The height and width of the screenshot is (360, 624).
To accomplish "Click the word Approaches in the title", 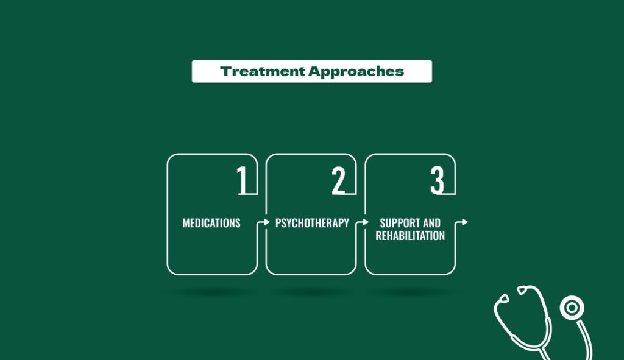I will tap(356, 72).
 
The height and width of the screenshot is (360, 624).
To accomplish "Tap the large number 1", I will tap(243, 181).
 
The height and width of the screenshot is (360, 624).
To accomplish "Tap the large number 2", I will tap(339, 181).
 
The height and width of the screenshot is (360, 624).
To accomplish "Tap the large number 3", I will tap(437, 181).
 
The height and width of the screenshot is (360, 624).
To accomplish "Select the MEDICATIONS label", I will tap(211, 223).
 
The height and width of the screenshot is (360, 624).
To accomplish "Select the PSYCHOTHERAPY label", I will tap(312, 223).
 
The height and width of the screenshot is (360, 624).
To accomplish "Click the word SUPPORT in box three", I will tap(399, 223).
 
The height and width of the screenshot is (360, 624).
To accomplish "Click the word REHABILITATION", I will tap(410, 236).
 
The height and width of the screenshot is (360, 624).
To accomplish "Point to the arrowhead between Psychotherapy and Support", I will tap(366, 222).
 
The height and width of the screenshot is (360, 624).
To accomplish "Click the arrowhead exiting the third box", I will tap(465, 222).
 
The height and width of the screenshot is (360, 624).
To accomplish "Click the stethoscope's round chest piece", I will tap(572, 308).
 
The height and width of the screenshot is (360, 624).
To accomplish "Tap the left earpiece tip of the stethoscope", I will tap(503, 299).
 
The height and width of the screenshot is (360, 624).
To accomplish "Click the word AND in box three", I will tap(431, 223).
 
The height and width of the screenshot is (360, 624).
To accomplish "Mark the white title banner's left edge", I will tap(193, 71).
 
